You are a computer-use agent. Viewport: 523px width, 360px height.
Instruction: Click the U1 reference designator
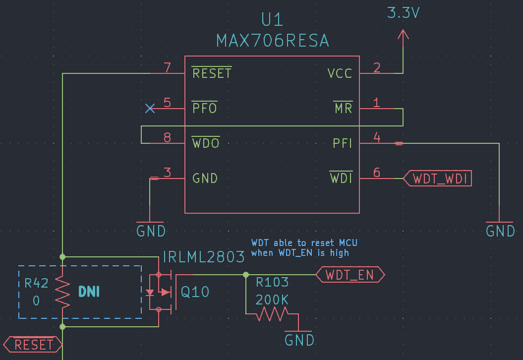coord(272,20)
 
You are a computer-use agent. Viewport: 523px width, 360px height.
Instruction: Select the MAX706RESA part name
coord(272,41)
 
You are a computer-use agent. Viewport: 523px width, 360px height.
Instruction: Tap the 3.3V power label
coord(403,13)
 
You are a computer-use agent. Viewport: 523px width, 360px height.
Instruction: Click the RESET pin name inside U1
coord(212,73)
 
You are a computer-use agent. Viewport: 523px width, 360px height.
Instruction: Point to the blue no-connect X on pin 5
coord(150,108)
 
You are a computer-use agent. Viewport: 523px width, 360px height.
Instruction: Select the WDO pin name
coord(206,143)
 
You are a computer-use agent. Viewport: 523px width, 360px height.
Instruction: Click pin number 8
coord(168,137)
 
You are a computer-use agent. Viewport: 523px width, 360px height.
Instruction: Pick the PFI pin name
coord(343,143)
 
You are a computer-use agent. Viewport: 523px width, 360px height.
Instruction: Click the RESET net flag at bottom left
coord(33,344)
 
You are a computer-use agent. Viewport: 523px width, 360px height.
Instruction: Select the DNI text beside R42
coord(89,292)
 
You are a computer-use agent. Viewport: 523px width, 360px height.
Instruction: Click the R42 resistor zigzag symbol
coord(62,292)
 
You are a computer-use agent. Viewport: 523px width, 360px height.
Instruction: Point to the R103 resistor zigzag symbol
coord(271,313)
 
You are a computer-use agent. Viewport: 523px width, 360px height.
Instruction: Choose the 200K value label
coord(272,300)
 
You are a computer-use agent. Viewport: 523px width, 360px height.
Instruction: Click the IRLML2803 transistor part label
coord(204,257)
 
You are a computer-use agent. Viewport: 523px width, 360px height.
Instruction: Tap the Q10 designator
coord(195,292)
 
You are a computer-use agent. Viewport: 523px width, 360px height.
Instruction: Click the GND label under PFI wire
coord(500,231)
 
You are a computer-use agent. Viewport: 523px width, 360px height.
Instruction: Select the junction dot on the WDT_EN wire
coord(246,274)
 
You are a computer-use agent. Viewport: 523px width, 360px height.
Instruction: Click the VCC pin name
coord(340,73)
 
